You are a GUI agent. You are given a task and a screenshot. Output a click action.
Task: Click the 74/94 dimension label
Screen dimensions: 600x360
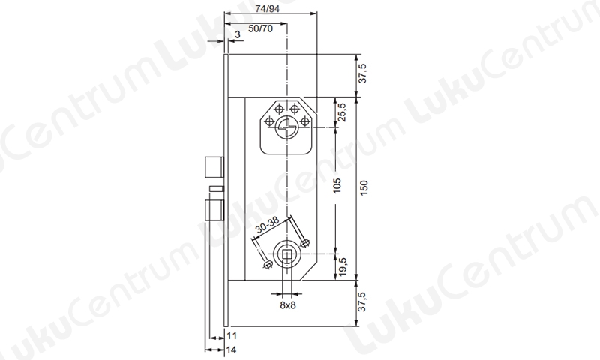(x=268, y=8)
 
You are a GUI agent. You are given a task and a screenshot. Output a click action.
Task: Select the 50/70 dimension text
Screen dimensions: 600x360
(x=260, y=28)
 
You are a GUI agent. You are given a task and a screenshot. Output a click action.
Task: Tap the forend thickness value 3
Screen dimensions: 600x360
(x=238, y=34)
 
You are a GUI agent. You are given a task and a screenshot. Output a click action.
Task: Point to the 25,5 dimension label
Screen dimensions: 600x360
(x=342, y=112)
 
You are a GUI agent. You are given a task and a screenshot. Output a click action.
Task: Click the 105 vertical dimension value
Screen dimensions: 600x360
(x=337, y=185)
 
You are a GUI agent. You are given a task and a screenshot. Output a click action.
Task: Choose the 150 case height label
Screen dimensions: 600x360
(x=364, y=187)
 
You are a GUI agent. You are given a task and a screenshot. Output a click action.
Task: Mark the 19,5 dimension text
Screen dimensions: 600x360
(x=342, y=266)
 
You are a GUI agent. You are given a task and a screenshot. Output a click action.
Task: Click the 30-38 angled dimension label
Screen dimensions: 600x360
(x=268, y=226)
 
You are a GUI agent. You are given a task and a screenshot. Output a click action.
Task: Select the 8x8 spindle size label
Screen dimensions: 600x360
(x=288, y=305)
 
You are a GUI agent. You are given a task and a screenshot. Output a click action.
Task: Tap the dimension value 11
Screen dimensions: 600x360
(x=232, y=336)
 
